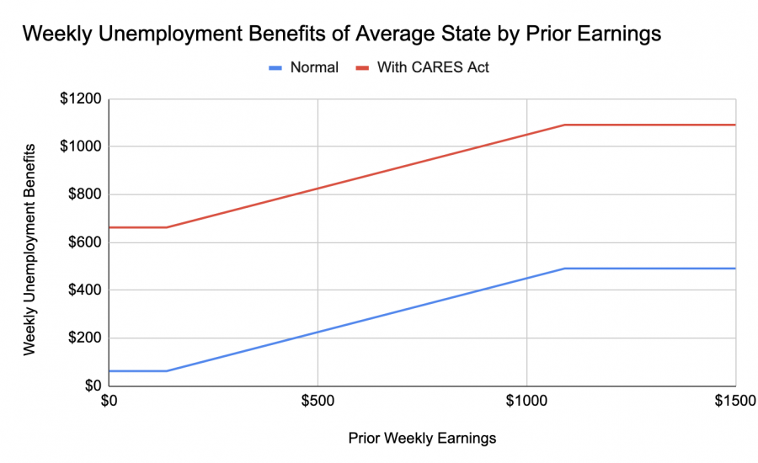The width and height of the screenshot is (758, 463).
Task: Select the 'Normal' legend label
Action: pos(315,67)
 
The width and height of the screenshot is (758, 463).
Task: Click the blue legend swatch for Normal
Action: pos(279,67)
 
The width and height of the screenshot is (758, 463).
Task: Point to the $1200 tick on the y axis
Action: pos(79,99)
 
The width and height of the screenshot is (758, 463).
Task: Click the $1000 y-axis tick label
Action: pos(79,146)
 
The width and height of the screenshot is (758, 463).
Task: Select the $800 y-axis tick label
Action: pos(83,195)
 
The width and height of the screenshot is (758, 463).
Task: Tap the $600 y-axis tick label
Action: pos(83,242)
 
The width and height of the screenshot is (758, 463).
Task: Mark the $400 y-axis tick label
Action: pos(83,290)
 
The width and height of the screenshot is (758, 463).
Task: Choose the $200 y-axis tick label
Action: pos(83,338)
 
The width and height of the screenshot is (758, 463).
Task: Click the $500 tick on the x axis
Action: pos(317,402)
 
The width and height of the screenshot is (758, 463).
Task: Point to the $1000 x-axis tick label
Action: pos(526,402)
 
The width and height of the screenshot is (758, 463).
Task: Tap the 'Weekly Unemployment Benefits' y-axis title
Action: pos(29,248)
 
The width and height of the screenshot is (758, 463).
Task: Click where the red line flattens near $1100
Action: pos(564,125)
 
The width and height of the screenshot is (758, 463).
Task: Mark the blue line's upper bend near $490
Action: pos(564,269)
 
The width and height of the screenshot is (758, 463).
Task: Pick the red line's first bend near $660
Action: pos(167,227)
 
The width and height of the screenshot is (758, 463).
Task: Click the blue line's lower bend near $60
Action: pos(167,370)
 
